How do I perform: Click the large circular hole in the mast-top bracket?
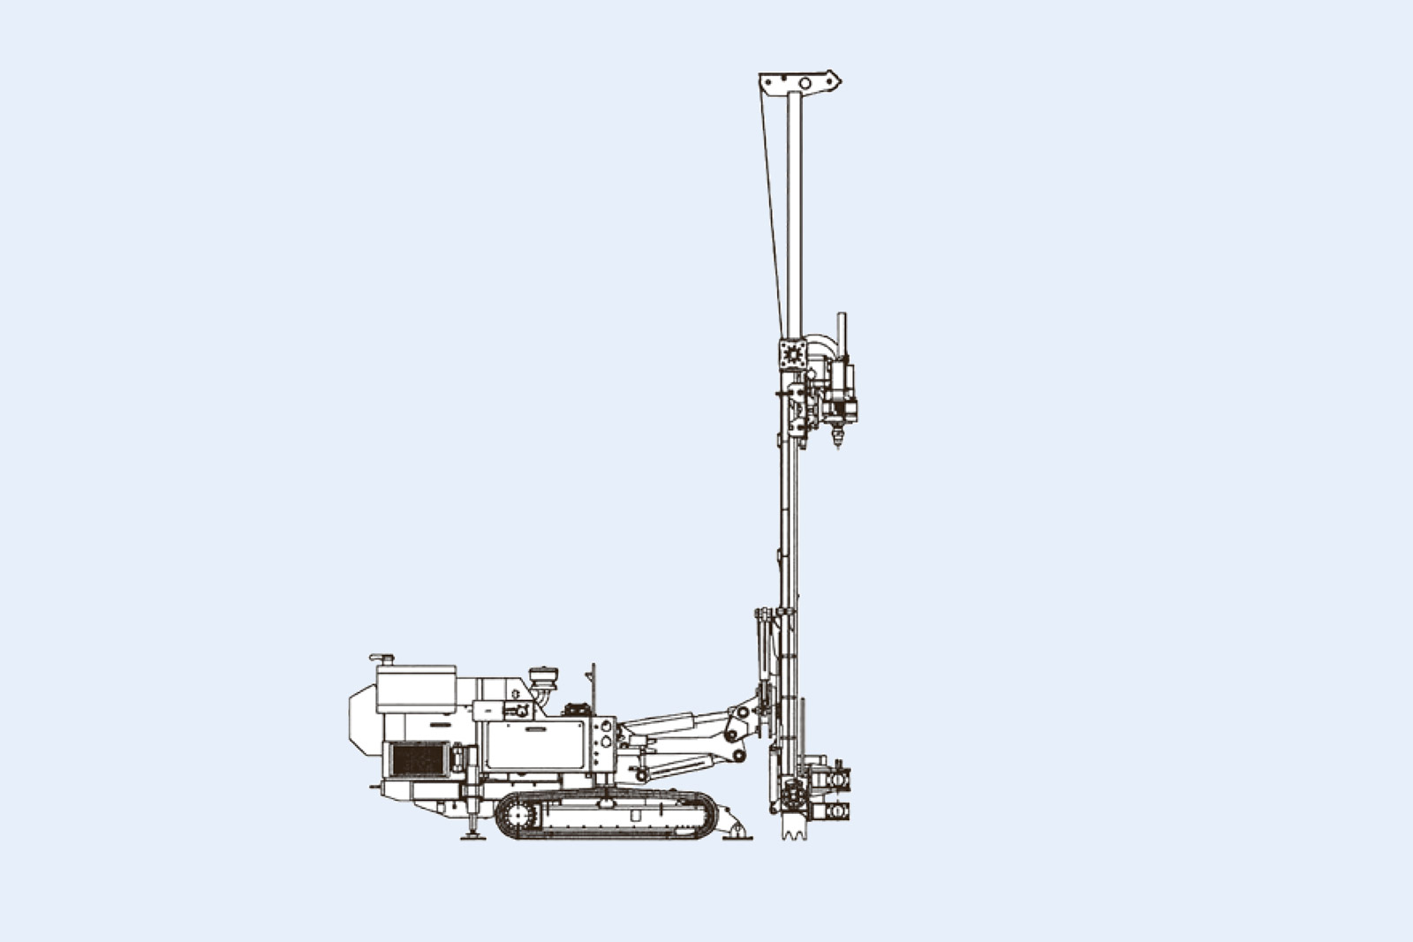(805, 83)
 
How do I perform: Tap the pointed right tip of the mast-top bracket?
(839, 82)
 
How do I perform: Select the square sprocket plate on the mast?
(792, 353)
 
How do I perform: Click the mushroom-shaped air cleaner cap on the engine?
(543, 677)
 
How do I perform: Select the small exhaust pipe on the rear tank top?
(382, 659)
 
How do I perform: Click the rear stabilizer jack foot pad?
(473, 835)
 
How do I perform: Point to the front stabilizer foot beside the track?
(736, 833)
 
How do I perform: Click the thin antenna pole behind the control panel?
(593, 689)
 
